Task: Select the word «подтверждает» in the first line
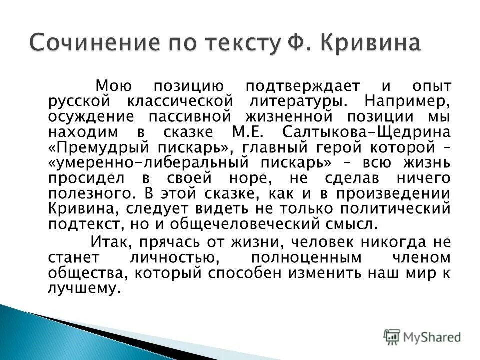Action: coord(295,86)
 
